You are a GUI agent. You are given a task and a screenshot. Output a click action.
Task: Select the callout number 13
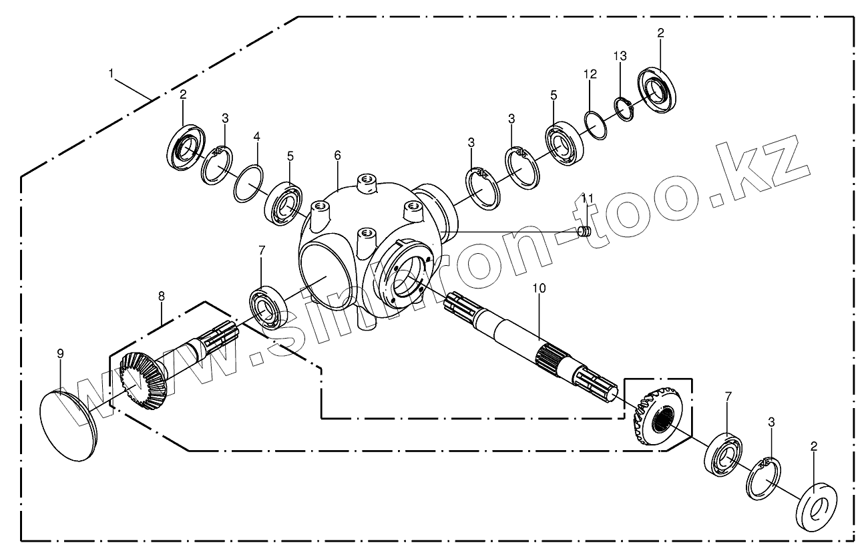click(621, 56)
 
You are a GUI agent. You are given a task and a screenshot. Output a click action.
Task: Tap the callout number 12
click(590, 75)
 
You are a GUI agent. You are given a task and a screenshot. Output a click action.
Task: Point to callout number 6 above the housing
click(338, 156)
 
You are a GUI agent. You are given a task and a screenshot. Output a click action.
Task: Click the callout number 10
click(540, 288)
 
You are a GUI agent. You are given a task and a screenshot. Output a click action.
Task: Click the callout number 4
click(256, 137)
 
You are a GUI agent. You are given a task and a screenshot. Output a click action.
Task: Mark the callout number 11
click(587, 198)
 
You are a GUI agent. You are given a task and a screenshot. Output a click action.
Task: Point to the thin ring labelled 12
click(596, 125)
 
